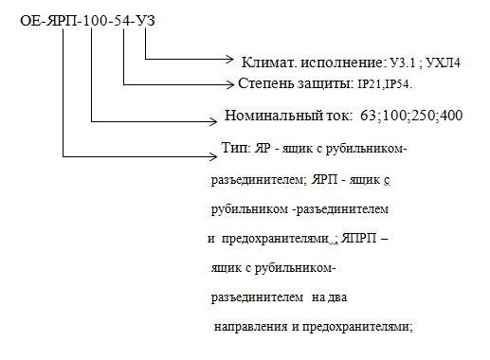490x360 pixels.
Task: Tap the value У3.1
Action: click(x=399, y=64)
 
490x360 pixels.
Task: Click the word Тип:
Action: click(x=232, y=149)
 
